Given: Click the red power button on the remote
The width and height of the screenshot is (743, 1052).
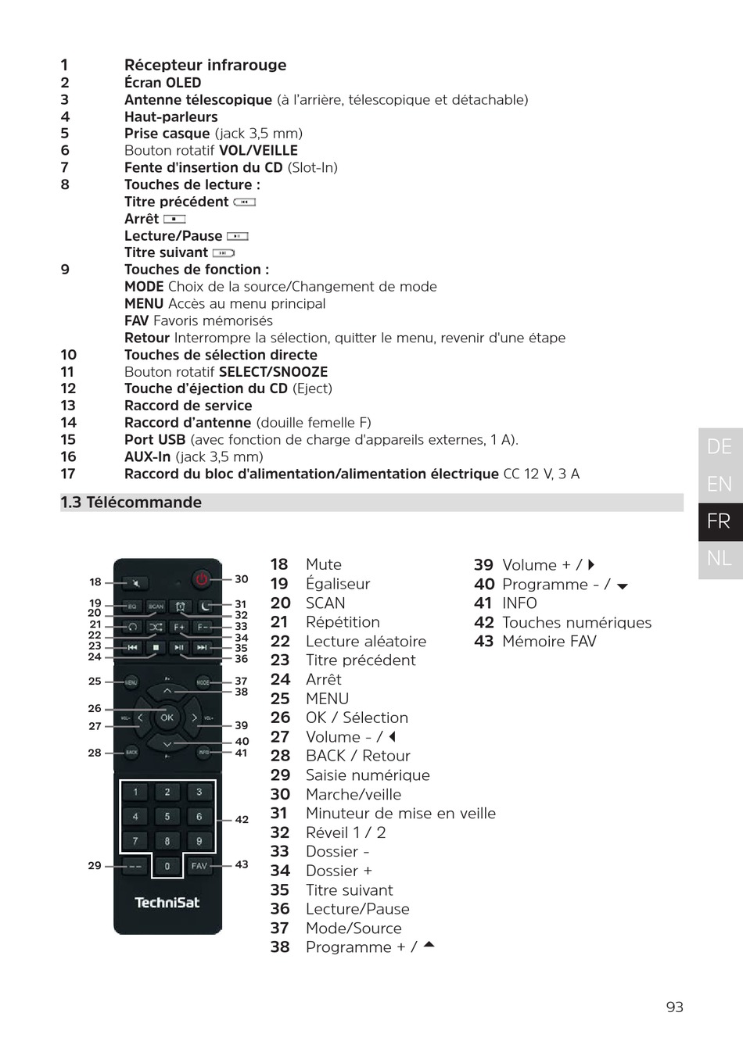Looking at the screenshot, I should coord(202,579).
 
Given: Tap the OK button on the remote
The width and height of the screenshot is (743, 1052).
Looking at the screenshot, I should coord(167,717).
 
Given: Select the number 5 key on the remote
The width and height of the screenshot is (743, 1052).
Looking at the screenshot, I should coord(167,816).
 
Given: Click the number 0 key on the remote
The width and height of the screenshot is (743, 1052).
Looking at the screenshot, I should coord(167,866).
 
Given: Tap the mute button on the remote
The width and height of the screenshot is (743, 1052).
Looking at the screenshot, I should coord(136,583).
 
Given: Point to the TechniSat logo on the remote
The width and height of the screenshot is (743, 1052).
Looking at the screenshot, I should coord(167,903).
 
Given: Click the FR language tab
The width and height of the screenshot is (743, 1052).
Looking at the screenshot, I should coord(719,521).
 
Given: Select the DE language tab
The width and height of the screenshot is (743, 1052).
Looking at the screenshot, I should coord(719,447).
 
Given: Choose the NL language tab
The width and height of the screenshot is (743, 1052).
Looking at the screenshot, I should coord(719,558).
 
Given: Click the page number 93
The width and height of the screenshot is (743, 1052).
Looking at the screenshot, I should coord(674,1007).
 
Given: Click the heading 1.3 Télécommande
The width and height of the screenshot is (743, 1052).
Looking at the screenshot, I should coord(131,503).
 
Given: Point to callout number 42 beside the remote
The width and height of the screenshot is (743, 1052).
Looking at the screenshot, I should coord(242,819).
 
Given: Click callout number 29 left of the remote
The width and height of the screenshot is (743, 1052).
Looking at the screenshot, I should coord(95,865).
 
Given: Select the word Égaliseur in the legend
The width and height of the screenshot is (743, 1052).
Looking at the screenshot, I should coord(338,584).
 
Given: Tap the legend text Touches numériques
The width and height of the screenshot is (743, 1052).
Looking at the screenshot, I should coord(576,622).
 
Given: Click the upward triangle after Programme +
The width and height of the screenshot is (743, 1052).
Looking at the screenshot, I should coord(429,945).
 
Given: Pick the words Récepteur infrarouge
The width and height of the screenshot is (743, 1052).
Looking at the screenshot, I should coord(205,65).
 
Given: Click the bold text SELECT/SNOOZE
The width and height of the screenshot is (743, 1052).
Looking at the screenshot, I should coord(273,372).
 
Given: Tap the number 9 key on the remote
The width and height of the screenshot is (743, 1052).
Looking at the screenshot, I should coord(199,841).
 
